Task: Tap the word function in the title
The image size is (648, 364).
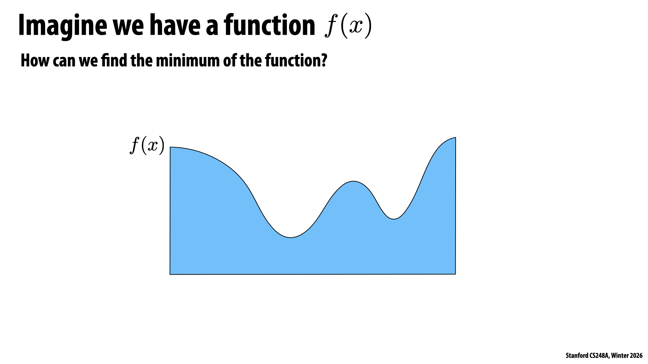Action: pyautogui.click(x=269, y=26)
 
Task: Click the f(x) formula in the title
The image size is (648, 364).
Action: pyautogui.click(x=348, y=26)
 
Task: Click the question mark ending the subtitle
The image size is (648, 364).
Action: pyautogui.click(x=324, y=61)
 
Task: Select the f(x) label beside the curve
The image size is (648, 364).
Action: pyautogui.click(x=147, y=146)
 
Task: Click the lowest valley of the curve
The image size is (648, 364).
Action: pyautogui.click(x=291, y=238)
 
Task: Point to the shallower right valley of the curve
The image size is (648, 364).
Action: pyautogui.click(x=394, y=219)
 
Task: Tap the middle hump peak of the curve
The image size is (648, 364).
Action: pyautogui.click(x=353, y=181)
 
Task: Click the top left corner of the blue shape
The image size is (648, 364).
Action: pyautogui.click(x=170, y=147)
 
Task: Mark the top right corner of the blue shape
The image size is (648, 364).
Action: pyautogui.click(x=456, y=138)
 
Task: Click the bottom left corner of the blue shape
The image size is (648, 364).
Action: pyautogui.click(x=170, y=274)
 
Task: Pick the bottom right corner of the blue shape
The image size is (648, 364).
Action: pyautogui.click(x=455, y=274)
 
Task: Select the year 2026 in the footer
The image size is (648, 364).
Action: pyautogui.click(x=636, y=356)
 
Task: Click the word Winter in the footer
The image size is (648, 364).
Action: pyautogui.click(x=620, y=356)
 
